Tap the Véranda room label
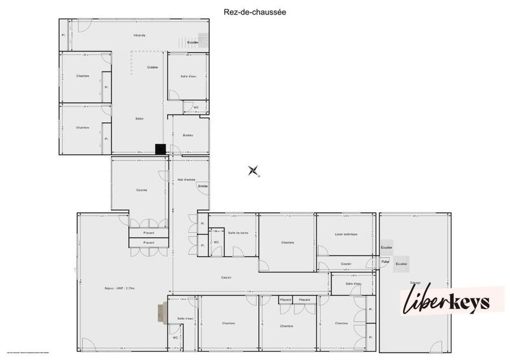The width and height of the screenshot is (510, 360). point(140,35)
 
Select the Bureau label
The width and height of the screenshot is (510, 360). point(187,135)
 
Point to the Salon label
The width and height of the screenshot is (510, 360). point(139,119)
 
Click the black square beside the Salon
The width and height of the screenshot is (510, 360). point(161,149)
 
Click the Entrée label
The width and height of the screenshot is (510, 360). point(203,185)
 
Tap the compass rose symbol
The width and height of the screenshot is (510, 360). point(254,170)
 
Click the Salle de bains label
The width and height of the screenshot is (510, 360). point(237,234)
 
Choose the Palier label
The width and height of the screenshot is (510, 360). point(385,262)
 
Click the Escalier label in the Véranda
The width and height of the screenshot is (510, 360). point(193,42)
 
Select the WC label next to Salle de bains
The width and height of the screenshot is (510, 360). point(217,242)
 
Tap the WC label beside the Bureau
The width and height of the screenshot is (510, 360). point(196,107)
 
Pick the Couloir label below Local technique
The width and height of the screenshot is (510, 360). point(346,264)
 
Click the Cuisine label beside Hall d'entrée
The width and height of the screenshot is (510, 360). point(142,190)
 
